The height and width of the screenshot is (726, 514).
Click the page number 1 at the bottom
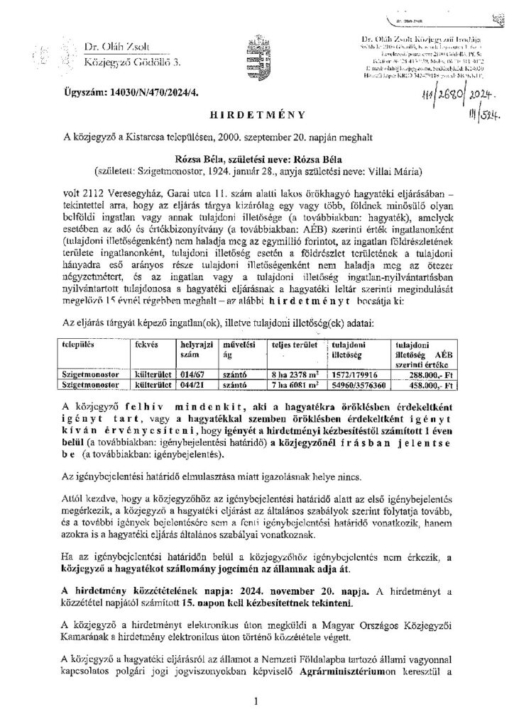[x=256, y=702]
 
